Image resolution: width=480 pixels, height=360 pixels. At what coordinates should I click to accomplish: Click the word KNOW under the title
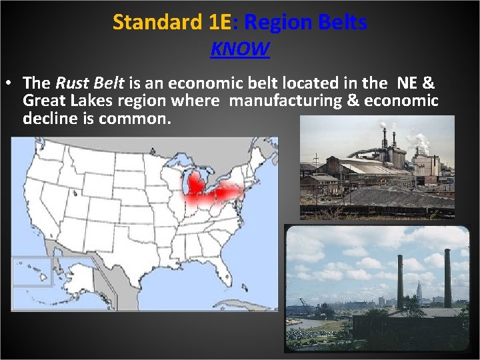coord(240,49)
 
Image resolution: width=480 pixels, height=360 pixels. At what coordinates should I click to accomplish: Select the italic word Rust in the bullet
coord(70,83)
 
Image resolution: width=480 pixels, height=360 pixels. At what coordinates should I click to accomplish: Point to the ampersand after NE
coord(429,83)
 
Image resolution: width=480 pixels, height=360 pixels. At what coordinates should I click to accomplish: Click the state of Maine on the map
coord(266,157)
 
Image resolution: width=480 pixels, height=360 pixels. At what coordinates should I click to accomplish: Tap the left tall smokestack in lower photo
coord(400,280)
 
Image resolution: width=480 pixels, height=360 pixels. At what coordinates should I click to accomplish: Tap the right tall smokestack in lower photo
coord(447,277)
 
